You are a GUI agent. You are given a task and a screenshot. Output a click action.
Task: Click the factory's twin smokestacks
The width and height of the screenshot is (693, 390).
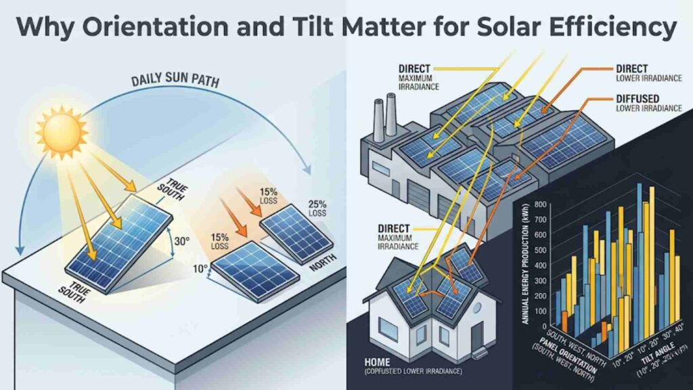[x=384, y=108]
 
